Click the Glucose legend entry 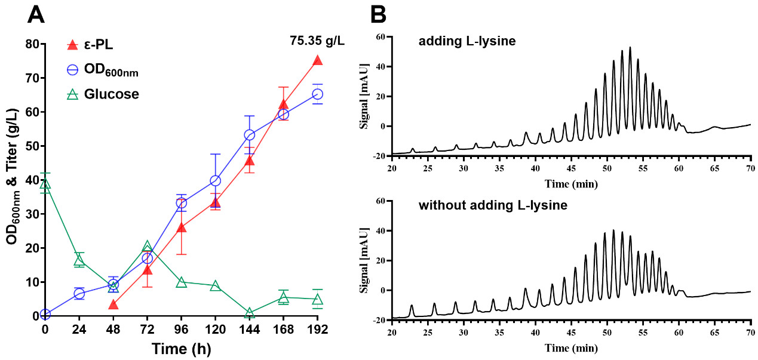[102, 94]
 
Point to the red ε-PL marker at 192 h [318, 60]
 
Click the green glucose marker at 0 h [45, 184]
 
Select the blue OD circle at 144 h [250, 135]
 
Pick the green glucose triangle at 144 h [250, 313]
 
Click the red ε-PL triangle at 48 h [113, 305]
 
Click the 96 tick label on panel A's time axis [182, 329]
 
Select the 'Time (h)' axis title [181, 348]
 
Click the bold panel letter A [36, 14]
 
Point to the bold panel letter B [378, 14]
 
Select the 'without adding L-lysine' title [493, 206]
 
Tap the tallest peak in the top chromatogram [630, 48]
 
